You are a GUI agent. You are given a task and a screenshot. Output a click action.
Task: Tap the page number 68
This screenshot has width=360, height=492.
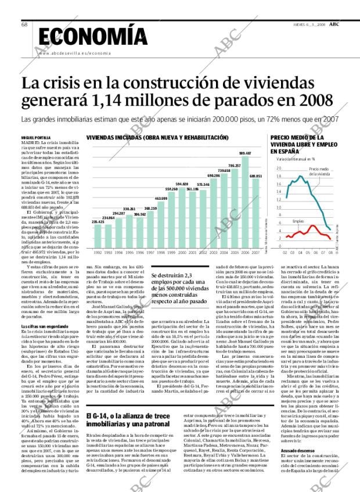point(25,24)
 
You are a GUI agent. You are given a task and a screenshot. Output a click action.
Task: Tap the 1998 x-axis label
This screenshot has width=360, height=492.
point(160,252)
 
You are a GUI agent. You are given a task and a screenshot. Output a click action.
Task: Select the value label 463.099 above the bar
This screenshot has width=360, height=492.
point(160,198)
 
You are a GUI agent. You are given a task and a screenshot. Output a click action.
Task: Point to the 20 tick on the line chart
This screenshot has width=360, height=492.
point(278,168)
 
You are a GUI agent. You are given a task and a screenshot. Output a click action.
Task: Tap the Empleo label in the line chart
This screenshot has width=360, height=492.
point(298,221)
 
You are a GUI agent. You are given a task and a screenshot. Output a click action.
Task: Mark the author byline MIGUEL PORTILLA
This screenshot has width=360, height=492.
point(36,137)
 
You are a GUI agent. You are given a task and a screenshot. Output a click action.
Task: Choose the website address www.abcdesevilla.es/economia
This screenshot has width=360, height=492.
point(74,53)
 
